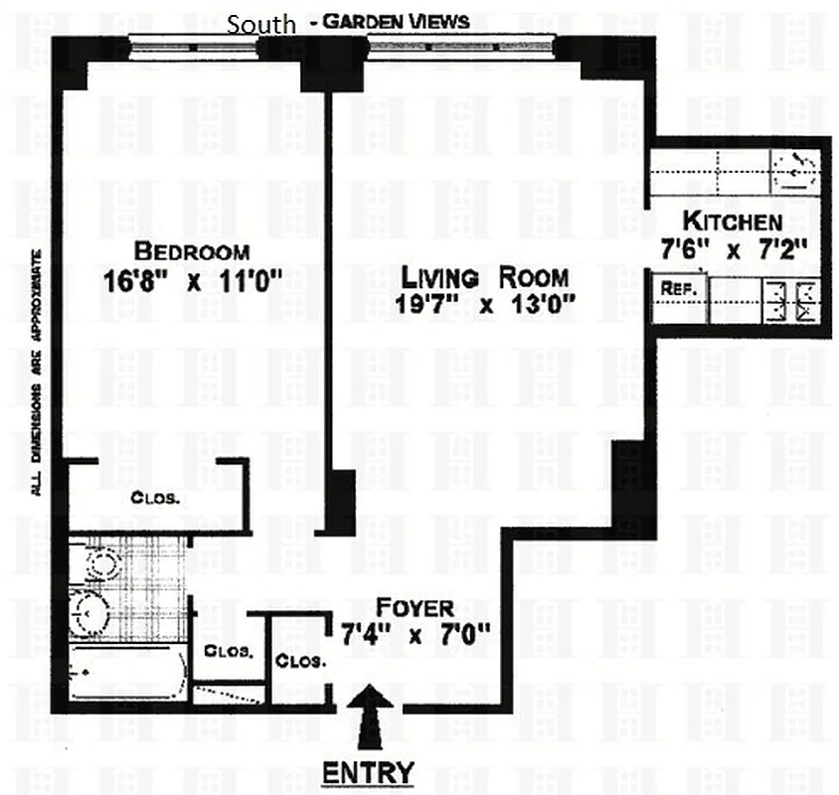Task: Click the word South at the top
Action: [x=261, y=24]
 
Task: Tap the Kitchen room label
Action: [x=732, y=222]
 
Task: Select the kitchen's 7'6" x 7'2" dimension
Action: [x=733, y=250]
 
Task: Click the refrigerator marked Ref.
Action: [x=683, y=290]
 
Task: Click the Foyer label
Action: [x=415, y=607]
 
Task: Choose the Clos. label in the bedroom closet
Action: [x=156, y=498]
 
